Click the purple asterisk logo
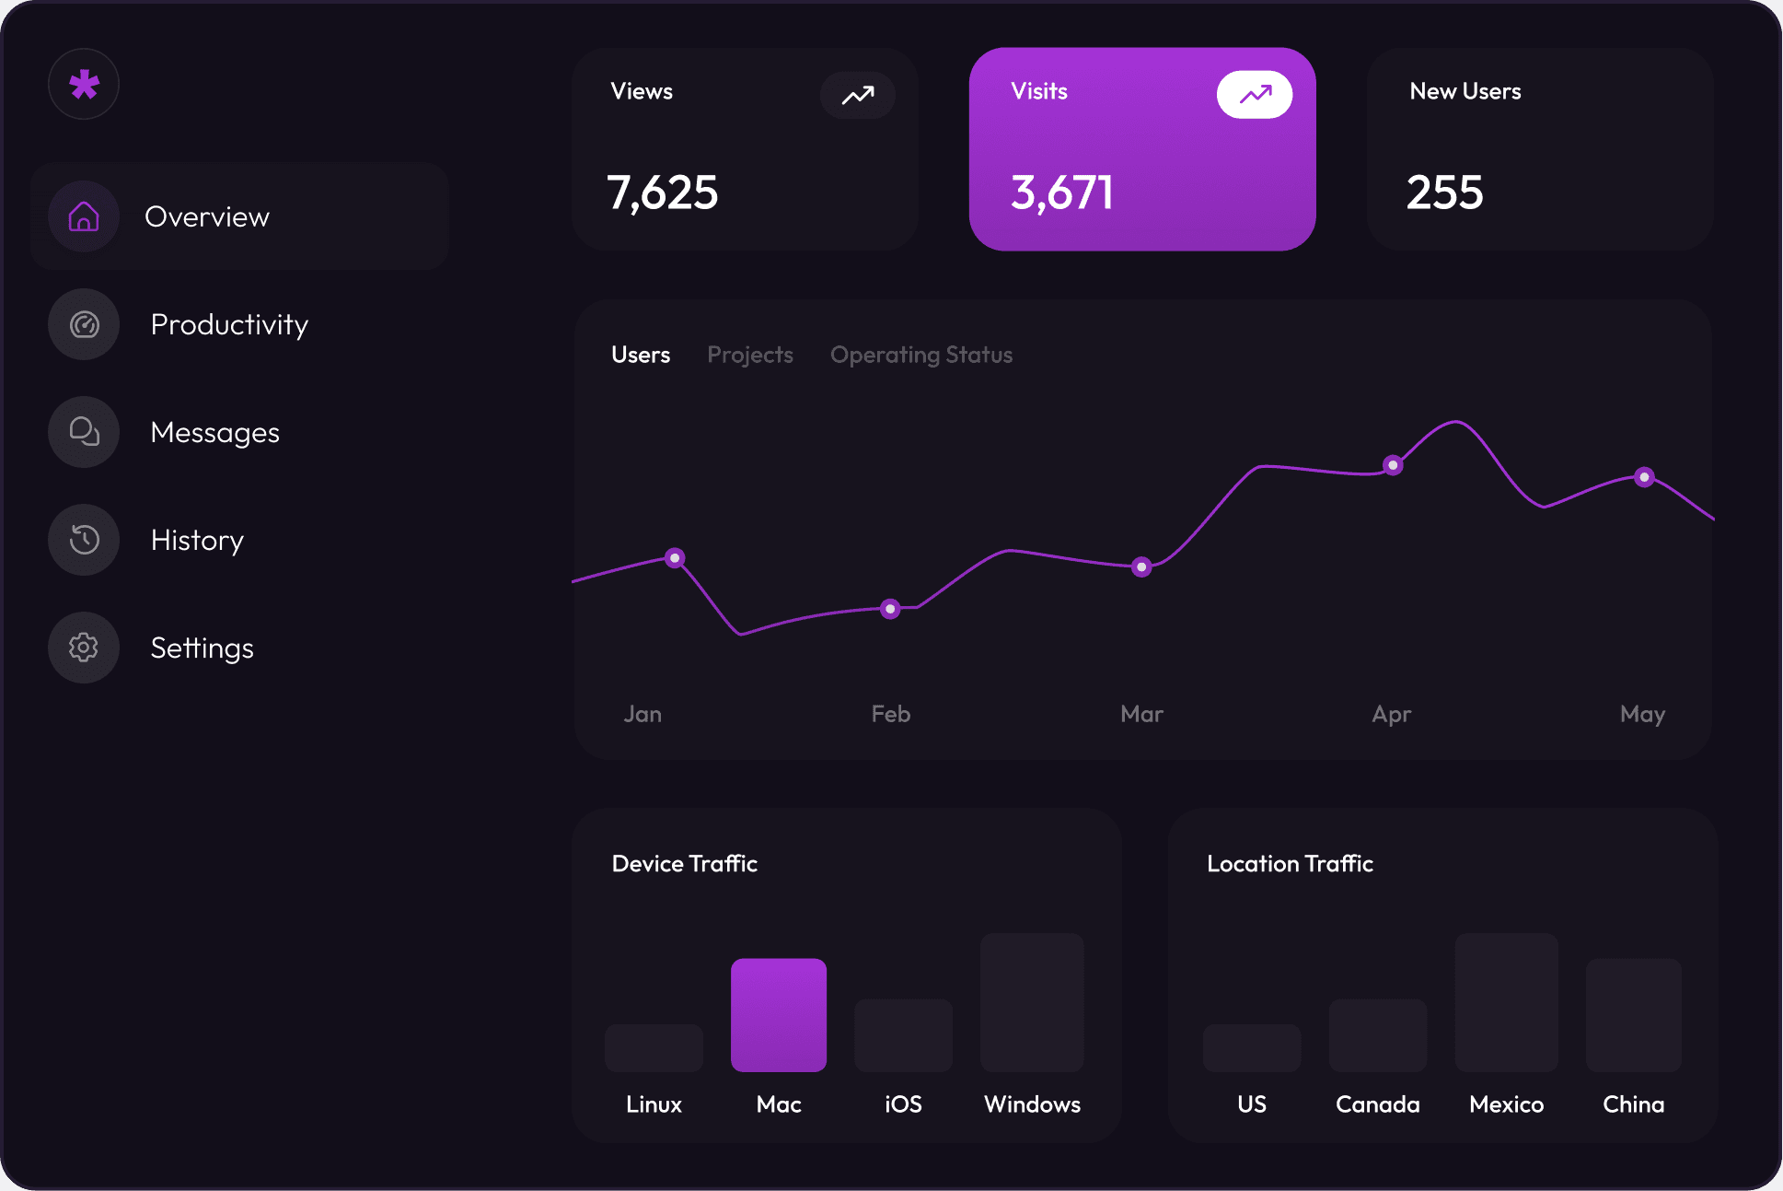84,85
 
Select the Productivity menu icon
84,324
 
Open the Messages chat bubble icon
84,432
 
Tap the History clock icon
84,540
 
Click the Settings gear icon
84,648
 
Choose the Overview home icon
84,216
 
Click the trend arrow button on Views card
857,95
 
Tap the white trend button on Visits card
1254,94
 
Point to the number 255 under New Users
1444,193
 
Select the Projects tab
749,355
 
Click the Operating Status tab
920,355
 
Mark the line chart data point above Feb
890,609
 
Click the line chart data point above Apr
1393,465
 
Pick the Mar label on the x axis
1141,714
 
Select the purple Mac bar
779,1014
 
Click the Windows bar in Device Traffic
1032,1002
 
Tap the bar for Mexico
1506,1002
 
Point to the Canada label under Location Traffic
1377,1104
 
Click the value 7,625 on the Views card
662,193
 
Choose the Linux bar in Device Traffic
654,1047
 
